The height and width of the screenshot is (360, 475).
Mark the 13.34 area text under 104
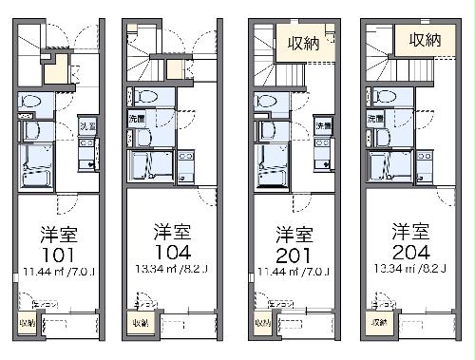pos(175,269)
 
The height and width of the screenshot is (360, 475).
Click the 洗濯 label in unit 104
pos(137,119)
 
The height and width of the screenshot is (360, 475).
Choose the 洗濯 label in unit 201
pos(323,124)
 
